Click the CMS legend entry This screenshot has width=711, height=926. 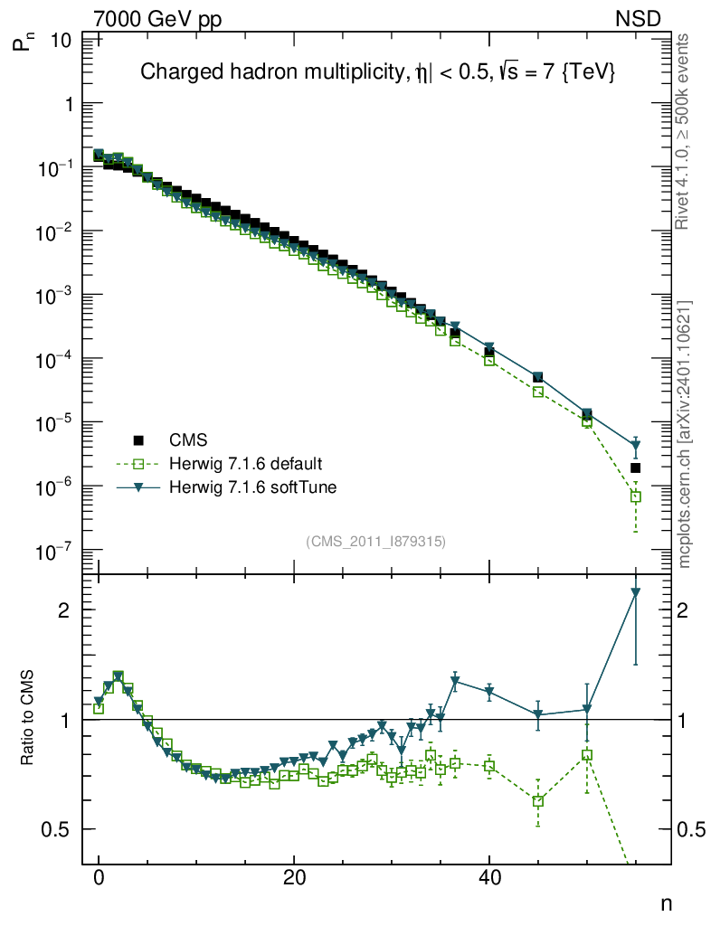click(188, 440)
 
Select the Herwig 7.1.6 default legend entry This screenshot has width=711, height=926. click(245, 464)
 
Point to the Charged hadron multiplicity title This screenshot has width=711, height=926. click(378, 73)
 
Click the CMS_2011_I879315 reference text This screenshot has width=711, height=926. click(376, 541)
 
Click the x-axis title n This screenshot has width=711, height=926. click(666, 902)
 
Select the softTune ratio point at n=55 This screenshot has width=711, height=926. click(635, 593)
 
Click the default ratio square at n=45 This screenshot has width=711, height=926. click(538, 801)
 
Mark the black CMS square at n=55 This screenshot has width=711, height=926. click(635, 468)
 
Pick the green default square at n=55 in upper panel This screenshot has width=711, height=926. click(635, 496)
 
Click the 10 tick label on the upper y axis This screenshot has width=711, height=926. click(62, 41)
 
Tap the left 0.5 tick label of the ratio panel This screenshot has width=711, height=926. click(61, 829)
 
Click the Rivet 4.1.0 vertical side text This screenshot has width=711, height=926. click(684, 131)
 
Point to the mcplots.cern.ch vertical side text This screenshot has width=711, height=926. click(684, 434)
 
